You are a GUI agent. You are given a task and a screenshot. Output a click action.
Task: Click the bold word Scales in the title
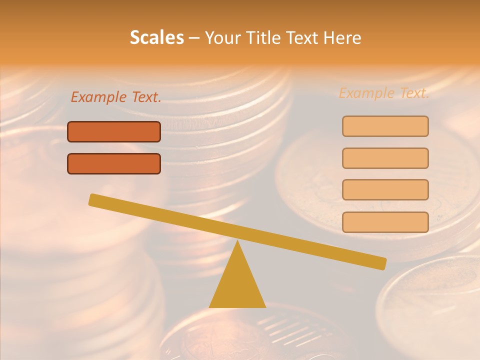click(x=157, y=37)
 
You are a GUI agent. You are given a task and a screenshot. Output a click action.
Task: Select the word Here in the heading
click(x=341, y=37)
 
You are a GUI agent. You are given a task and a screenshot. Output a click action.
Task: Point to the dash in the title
click(x=194, y=38)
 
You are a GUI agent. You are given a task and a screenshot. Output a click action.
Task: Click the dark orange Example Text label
click(x=116, y=97)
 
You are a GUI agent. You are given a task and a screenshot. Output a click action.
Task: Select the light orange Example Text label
click(x=384, y=93)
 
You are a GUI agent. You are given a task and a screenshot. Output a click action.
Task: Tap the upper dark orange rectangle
click(x=114, y=131)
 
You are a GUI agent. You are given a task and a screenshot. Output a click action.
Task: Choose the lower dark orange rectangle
click(x=114, y=163)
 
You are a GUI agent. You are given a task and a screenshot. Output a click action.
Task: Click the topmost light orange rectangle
click(x=385, y=126)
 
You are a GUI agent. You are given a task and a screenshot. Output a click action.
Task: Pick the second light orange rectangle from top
click(x=385, y=158)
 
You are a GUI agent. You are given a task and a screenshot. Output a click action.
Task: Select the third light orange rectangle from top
click(x=385, y=189)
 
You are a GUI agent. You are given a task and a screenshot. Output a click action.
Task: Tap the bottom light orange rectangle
click(x=385, y=222)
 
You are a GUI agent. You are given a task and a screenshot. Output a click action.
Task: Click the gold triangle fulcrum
click(x=237, y=285)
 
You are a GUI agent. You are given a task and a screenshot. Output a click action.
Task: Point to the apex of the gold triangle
click(x=238, y=243)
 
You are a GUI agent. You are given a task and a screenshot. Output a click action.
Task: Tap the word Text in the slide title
click(x=302, y=37)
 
